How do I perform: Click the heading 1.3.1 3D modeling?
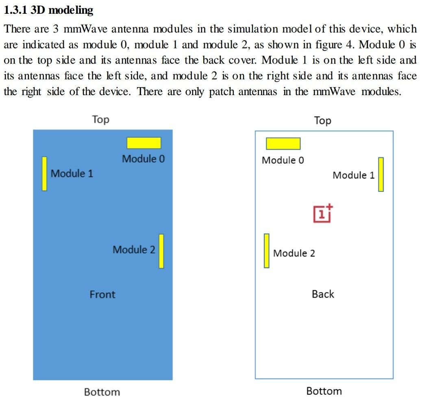pyautogui.click(x=48, y=10)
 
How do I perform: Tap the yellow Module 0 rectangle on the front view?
pyautogui.click(x=144, y=143)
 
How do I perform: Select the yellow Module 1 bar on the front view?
pyautogui.click(x=44, y=174)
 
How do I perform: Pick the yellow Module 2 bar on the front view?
pyautogui.click(x=161, y=251)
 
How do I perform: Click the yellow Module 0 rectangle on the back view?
pyautogui.click(x=283, y=144)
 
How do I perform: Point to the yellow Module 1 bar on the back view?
pyautogui.click(x=381, y=174)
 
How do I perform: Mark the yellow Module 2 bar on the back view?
pyautogui.click(x=267, y=250)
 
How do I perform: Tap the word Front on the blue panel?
pyautogui.click(x=102, y=294)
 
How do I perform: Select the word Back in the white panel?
pyautogui.click(x=323, y=294)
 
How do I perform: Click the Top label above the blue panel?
pyautogui.click(x=100, y=120)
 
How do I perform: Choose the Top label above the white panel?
pyautogui.click(x=322, y=120)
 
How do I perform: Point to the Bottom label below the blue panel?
pyautogui.click(x=102, y=392)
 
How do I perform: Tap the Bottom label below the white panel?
pyautogui.click(x=324, y=391)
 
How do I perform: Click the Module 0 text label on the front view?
pyautogui.click(x=144, y=159)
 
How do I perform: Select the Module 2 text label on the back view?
pyautogui.click(x=294, y=253)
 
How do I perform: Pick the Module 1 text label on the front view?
pyautogui.click(x=72, y=174)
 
